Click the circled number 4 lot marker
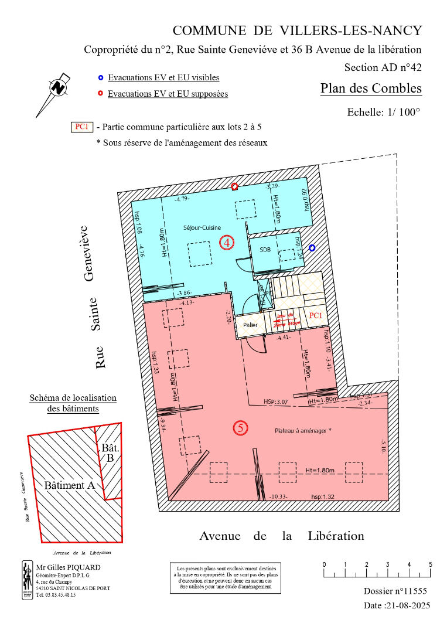[x=227, y=241]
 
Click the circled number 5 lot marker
[x=240, y=428]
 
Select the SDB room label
[x=265, y=250]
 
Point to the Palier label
[x=250, y=324]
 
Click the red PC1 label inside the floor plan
[x=315, y=316]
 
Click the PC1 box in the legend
[x=81, y=127]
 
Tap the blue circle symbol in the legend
[x=100, y=77]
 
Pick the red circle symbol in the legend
[x=100, y=93]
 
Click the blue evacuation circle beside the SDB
[x=312, y=248]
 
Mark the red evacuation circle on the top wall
[x=234, y=186]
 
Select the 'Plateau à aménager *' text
[x=303, y=430]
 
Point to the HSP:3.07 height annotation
[x=276, y=402]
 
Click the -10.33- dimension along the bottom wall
[x=281, y=496]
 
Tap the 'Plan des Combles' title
[x=371, y=89]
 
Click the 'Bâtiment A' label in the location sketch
[x=69, y=486]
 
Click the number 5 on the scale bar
[x=431, y=564]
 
